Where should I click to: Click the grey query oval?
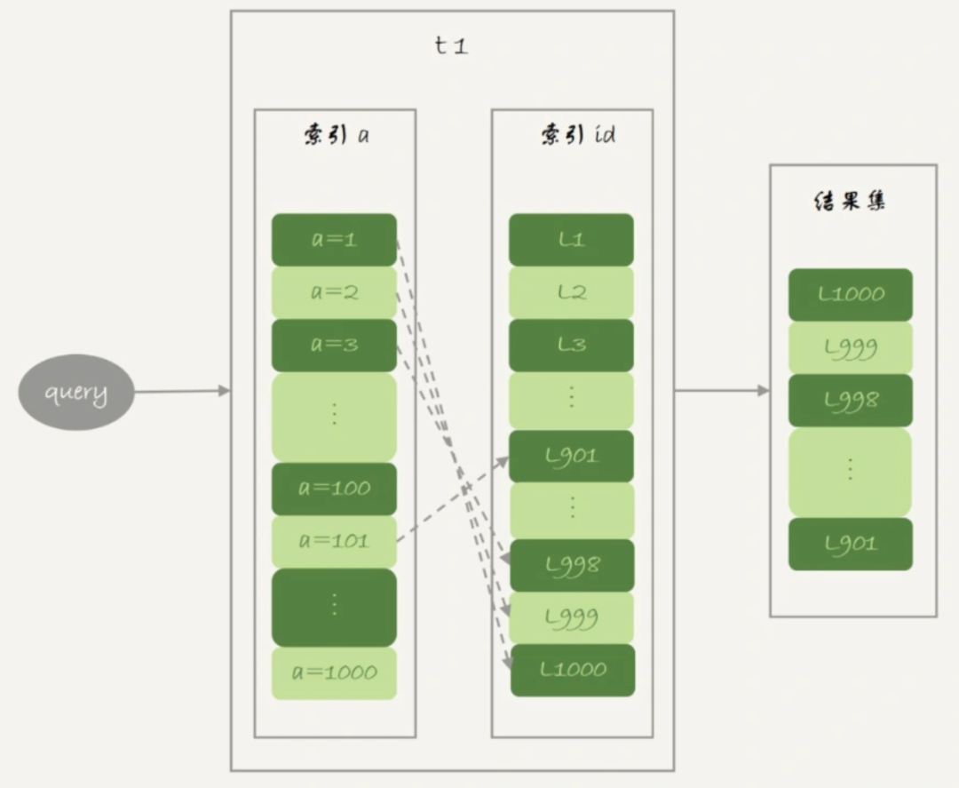pos(76,392)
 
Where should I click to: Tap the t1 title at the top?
pos(451,46)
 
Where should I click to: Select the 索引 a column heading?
pos(335,136)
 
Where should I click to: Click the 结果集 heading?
pos(850,202)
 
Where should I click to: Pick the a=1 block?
pos(334,240)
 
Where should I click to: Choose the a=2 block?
pos(334,292)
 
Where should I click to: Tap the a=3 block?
pos(334,345)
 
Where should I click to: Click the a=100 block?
pos(334,488)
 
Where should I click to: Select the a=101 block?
pos(334,541)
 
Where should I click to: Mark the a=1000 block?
pos(334,673)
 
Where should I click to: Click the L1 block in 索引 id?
pos(571,240)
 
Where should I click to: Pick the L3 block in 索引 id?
pos(571,345)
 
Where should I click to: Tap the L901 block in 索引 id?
pos(571,457)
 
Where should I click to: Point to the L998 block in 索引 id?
pos(571,565)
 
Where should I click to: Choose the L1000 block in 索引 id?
pos(573,670)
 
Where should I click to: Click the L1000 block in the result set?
pos(850,294)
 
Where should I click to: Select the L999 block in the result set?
pos(850,347)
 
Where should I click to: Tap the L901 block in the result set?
pos(850,544)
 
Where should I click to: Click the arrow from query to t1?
pos(182,391)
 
